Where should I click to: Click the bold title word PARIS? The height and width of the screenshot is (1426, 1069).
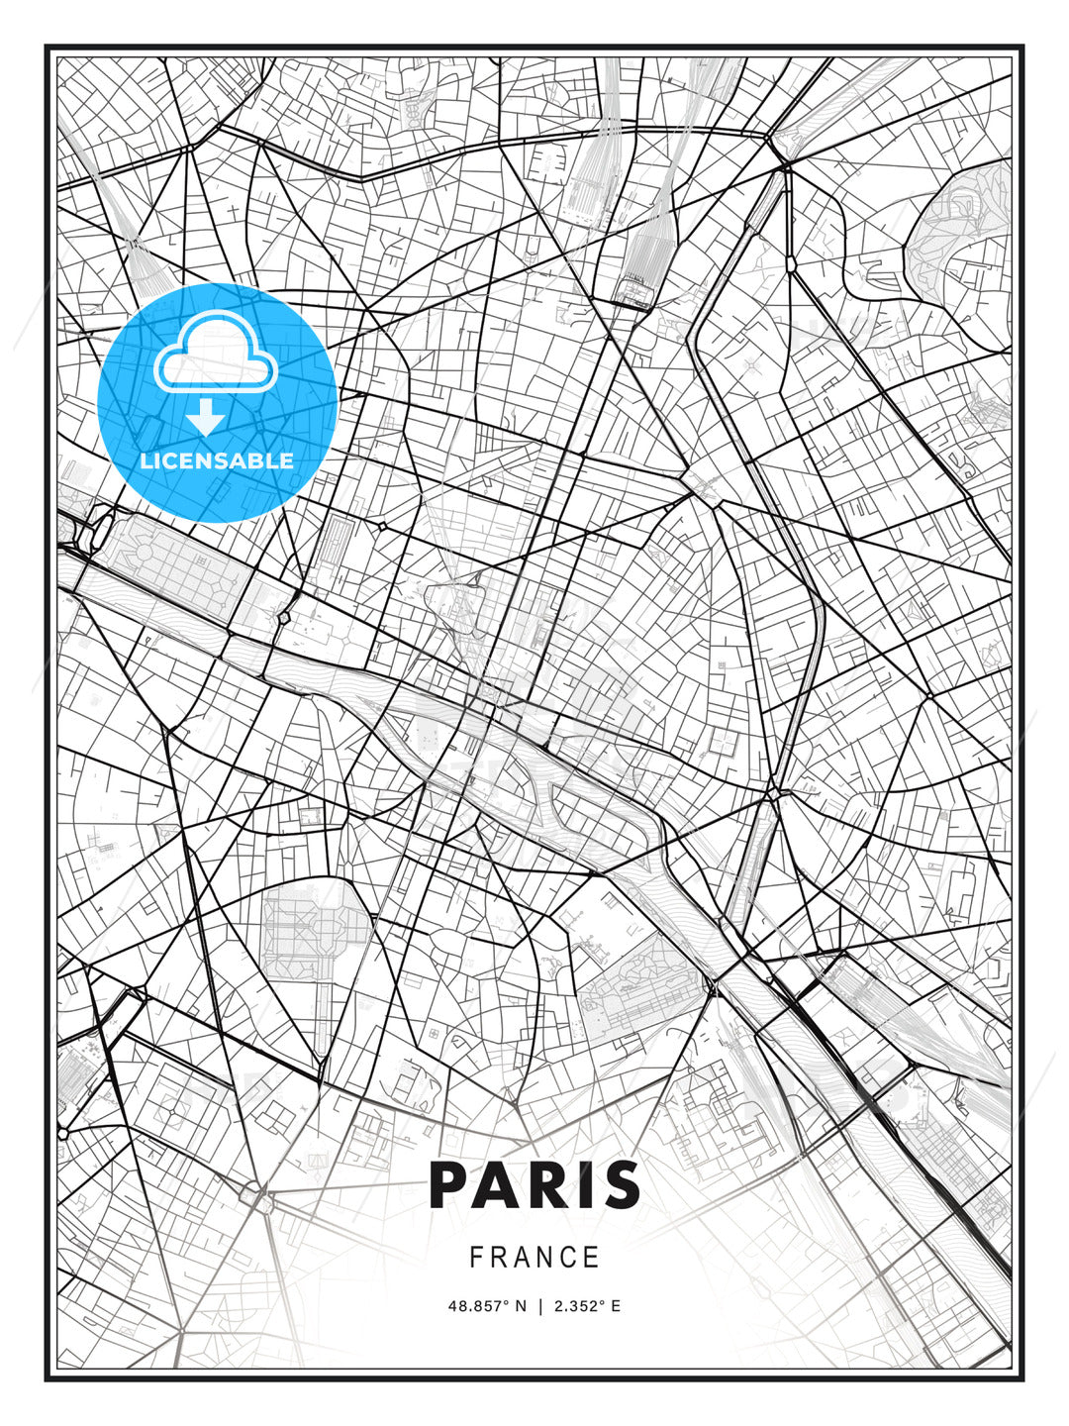click(x=534, y=1185)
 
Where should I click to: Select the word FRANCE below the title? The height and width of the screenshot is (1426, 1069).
click(x=534, y=1258)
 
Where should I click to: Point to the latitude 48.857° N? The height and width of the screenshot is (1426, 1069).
click(x=486, y=1306)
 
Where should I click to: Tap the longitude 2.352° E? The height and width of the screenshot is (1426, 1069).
click(x=588, y=1306)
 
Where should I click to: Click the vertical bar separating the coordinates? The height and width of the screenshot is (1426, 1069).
click(x=540, y=1306)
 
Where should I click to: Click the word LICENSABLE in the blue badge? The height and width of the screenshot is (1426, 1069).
click(x=217, y=460)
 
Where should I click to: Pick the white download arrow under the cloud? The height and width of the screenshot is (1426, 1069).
click(x=206, y=418)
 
